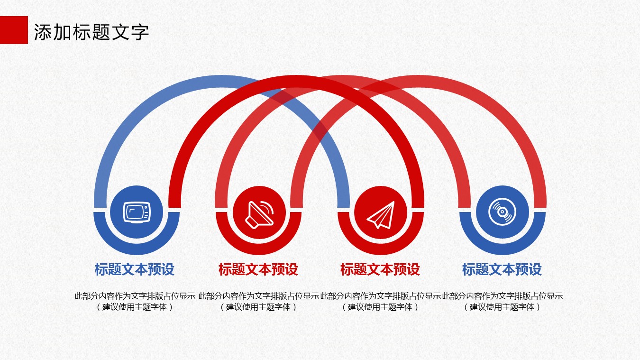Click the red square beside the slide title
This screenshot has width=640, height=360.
14,30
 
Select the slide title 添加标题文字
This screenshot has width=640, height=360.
91,32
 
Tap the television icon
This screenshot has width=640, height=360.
137,212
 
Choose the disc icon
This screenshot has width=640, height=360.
502,212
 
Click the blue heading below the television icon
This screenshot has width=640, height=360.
135,269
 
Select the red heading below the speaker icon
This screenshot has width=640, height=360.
258,269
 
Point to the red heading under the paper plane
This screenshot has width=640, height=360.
380,269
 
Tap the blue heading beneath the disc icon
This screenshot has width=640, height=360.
502,269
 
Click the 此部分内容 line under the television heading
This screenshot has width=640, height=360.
135,296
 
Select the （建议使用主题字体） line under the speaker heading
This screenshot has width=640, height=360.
258,307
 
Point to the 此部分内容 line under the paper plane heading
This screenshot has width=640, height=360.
380,296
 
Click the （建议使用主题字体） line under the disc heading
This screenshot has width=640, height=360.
502,307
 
